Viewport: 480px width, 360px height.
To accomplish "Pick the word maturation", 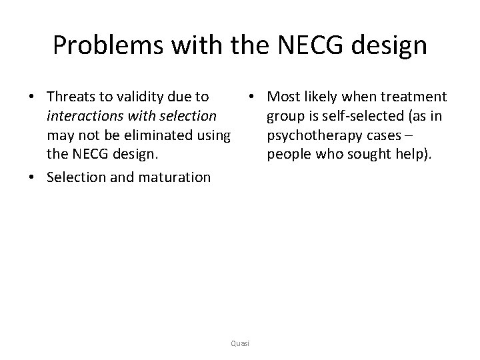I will (175, 177).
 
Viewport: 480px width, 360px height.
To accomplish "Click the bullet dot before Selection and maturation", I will (32, 178).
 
